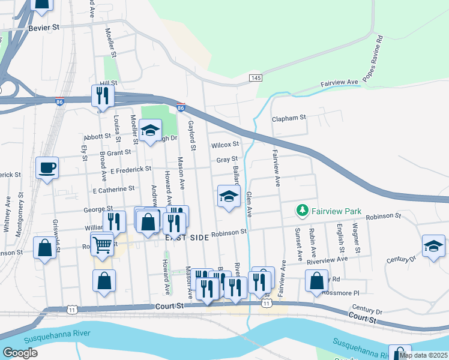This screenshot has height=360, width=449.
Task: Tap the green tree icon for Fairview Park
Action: (x=303, y=211)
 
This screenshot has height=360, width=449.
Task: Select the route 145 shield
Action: (x=256, y=79)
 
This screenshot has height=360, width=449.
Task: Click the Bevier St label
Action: (x=44, y=28)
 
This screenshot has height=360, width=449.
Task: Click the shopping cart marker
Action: (x=102, y=244)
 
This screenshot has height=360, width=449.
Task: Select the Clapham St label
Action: (x=289, y=118)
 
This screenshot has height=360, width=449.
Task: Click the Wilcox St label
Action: (x=225, y=145)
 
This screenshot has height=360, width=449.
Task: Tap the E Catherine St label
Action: (x=113, y=190)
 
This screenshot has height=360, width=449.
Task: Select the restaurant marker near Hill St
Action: (x=103, y=95)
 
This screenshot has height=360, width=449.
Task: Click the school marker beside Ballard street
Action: (x=228, y=196)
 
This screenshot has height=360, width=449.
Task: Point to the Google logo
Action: (x=20, y=353)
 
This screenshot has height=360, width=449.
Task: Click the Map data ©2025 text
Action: (x=424, y=355)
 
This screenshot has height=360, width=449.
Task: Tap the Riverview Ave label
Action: (x=327, y=260)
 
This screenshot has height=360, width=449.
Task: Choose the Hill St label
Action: (x=108, y=83)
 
